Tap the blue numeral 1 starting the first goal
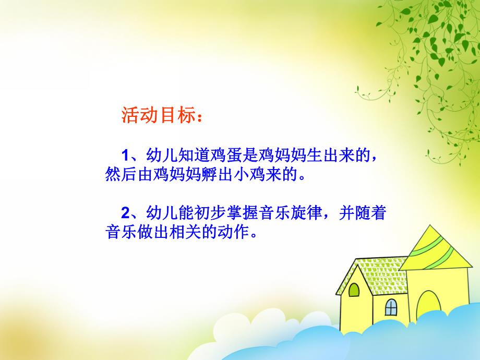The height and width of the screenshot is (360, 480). [x=125, y=155]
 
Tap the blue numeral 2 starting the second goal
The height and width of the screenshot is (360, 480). [x=125, y=213]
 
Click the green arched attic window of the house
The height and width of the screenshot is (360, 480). [x=354, y=289]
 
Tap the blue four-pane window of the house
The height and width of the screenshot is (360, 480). [x=391, y=307]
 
